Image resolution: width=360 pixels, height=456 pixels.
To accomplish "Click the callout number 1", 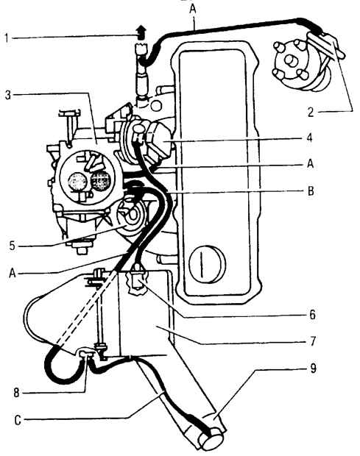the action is (7, 38).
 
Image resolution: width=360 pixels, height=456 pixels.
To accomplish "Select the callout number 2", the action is (311, 113).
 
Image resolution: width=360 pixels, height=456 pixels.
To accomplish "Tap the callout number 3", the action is (8, 95).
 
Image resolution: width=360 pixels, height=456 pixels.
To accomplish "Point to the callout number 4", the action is (311, 138).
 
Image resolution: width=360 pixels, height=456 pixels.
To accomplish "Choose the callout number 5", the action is (12, 245).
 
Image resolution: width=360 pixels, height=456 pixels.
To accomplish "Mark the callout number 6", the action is (312, 315).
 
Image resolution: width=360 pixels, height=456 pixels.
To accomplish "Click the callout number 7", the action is (312, 341).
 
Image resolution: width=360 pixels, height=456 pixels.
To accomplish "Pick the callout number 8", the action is (16, 393).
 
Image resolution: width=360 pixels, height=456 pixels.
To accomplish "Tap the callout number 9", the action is (313, 368).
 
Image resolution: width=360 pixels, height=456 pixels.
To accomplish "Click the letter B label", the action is (311, 191).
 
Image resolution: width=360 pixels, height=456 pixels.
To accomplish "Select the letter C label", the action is (18, 421).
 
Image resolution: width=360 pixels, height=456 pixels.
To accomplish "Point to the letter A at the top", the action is (193, 9).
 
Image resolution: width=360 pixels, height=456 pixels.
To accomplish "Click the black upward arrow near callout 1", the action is (141, 32).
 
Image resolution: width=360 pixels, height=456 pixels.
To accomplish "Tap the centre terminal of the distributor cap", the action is (289, 60).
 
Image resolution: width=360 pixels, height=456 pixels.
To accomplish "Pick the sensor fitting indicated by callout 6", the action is (136, 281).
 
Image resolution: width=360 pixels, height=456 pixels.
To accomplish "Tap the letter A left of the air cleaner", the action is (13, 273).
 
